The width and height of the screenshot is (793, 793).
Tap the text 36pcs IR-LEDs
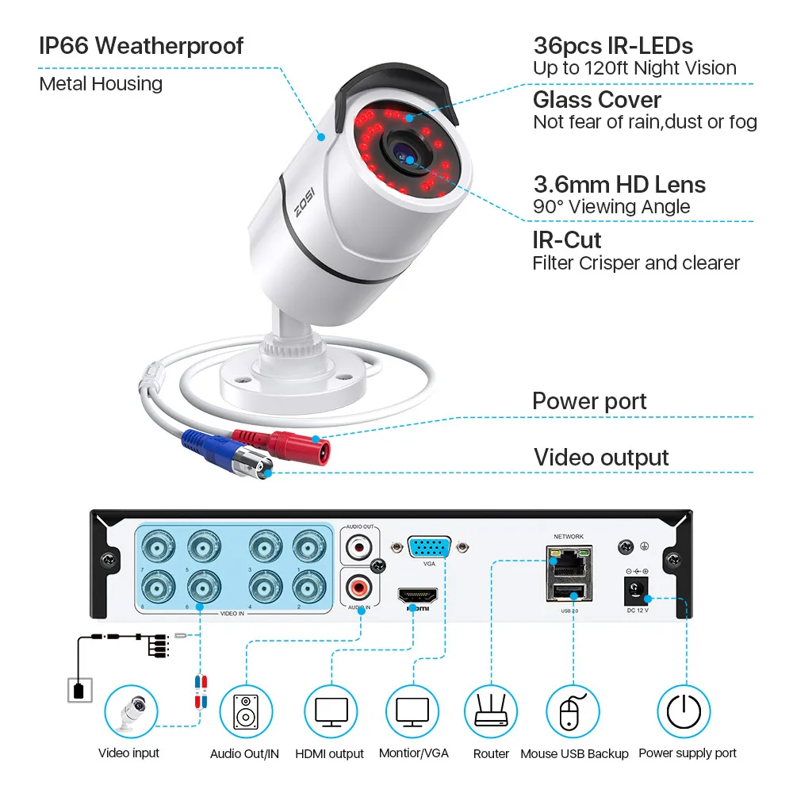(613, 45)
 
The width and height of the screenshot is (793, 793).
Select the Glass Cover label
(597, 100)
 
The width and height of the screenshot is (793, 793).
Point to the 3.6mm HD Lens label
(619, 185)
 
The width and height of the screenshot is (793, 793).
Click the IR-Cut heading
(567, 239)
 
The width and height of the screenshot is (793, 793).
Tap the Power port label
(589, 401)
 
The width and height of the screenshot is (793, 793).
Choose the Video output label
(601, 457)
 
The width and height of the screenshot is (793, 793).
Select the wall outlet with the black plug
(78, 689)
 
